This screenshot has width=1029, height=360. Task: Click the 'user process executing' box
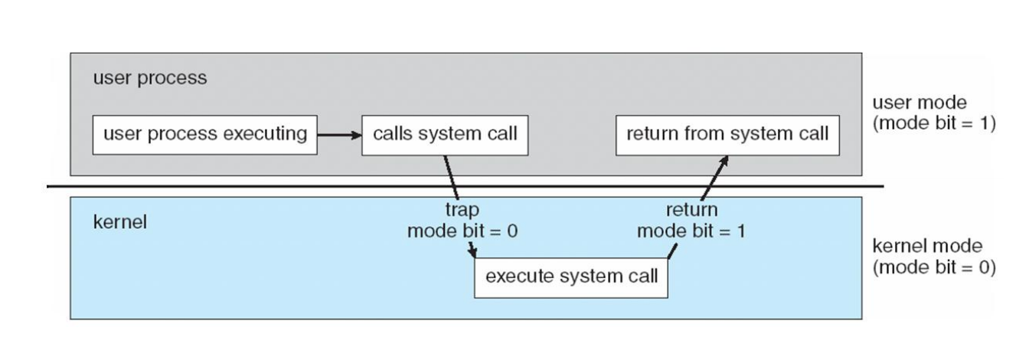205,135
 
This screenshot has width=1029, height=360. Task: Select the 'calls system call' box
445,135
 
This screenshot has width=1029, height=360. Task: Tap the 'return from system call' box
727,135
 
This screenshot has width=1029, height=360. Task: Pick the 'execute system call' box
571,278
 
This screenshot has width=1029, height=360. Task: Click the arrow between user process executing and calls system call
339,135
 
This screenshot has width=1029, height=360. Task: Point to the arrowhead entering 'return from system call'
724,161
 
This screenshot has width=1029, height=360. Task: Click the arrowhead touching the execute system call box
472,253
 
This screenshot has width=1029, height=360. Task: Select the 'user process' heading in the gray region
150,77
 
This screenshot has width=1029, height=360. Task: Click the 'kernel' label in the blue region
120,222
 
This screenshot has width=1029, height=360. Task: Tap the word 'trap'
462,210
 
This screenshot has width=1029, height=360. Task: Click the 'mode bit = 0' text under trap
462,231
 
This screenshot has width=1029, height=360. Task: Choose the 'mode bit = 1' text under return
691,231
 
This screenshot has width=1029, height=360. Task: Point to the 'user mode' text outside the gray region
920,102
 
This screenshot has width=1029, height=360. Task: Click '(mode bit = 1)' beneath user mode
934,123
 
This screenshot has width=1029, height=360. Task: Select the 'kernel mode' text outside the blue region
927,246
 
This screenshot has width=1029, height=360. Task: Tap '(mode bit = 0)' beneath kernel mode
934,267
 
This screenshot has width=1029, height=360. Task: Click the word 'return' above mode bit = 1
692,210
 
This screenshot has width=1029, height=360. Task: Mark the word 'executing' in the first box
265,134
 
